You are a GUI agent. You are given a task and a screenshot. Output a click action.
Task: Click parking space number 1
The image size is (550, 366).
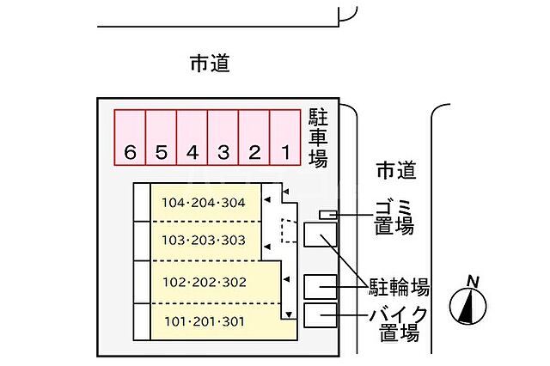pyautogui.click(x=285, y=137)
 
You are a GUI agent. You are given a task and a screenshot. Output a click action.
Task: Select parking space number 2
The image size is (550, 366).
pyautogui.click(x=254, y=137)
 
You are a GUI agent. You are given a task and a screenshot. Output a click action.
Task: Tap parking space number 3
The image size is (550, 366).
pyautogui.click(x=223, y=137)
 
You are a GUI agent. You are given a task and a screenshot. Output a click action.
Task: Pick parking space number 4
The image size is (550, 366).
pyautogui.click(x=192, y=137)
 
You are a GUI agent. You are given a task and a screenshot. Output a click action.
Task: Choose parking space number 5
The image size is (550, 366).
pyautogui.click(x=162, y=137)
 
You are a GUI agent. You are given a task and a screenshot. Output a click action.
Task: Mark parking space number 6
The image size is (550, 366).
pyautogui.click(x=131, y=137)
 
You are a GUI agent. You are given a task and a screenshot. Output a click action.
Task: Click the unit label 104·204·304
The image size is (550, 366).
pyautogui.click(x=204, y=204)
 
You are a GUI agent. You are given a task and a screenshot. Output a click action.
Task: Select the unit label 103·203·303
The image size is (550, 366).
pyautogui.click(x=204, y=241)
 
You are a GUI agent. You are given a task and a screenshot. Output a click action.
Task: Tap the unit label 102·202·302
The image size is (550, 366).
pyautogui.click(x=204, y=282)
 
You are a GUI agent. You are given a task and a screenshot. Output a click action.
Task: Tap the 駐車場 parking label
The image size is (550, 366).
pyautogui.click(x=318, y=137)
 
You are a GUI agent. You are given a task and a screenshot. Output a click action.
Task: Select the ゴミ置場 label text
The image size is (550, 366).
pyautogui.click(x=394, y=217)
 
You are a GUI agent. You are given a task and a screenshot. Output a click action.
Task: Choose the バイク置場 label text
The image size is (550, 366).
pyautogui.click(x=399, y=323)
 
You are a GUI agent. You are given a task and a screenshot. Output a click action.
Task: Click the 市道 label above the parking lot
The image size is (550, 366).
pyautogui.click(x=211, y=64)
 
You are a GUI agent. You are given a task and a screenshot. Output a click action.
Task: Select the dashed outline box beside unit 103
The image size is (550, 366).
pyautogui.click(x=288, y=232)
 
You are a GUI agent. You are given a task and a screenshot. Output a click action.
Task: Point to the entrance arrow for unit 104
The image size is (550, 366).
pyautogui.click(x=268, y=201)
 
